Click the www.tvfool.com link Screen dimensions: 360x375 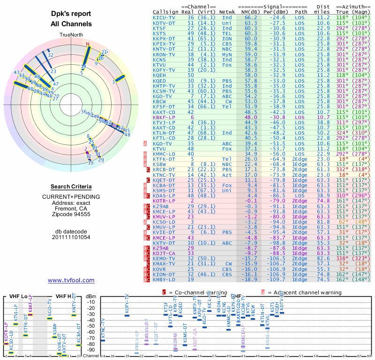click(x=71, y=280)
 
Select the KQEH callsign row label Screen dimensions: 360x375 click(x=159, y=75)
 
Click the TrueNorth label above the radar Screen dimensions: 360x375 click(x=71, y=35)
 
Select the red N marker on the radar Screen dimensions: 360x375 click(x=87, y=45)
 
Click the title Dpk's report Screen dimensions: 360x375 click(x=71, y=14)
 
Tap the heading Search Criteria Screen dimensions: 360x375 click(x=71, y=187)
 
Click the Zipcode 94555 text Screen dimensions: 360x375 click(x=71, y=214)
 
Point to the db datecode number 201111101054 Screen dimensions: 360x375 click(x=71, y=237)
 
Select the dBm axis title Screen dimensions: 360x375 click(x=90, y=296)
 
